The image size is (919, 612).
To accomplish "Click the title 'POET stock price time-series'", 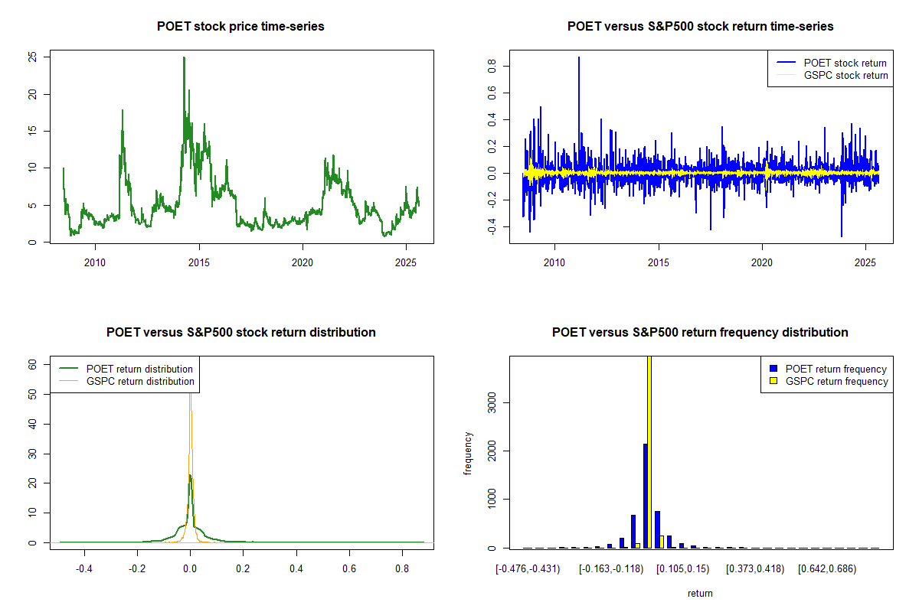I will [240, 27].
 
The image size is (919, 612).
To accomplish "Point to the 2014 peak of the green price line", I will [184, 58].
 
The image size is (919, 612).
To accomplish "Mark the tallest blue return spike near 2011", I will [579, 58].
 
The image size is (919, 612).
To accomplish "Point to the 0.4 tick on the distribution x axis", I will [296, 569].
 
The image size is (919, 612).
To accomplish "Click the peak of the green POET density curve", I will [189, 476].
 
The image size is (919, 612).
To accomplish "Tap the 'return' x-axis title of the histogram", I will [699, 593].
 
